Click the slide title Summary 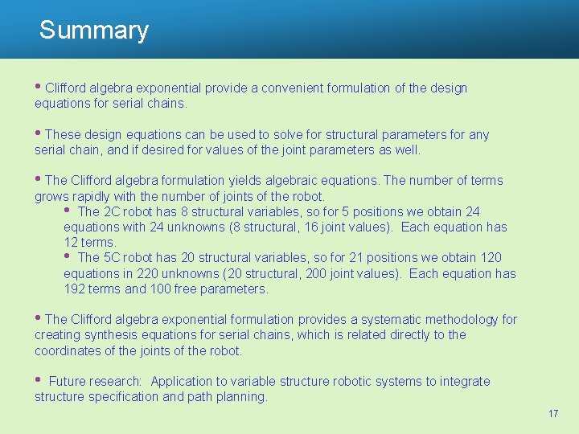point(94,31)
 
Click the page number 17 point(552,413)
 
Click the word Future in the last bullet point(69,382)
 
